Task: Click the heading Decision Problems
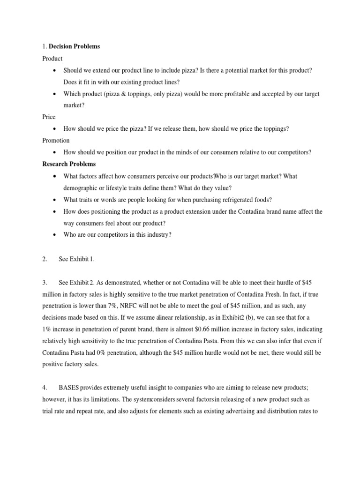(x=75, y=46)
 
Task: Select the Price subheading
(x=49, y=117)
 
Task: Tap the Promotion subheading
(x=56, y=140)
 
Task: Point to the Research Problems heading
(x=69, y=164)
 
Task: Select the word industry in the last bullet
(x=157, y=234)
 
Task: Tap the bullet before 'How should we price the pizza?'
(x=55, y=129)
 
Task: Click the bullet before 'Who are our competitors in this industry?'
(x=55, y=234)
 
